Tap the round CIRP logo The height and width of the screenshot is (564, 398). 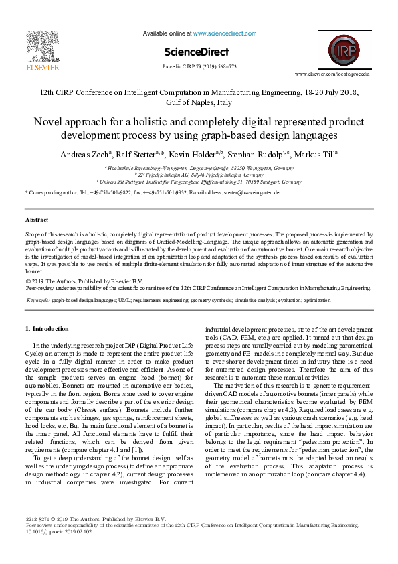click(343, 51)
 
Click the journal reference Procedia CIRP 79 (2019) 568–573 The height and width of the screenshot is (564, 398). click(199, 67)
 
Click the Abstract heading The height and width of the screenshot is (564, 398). click(37, 220)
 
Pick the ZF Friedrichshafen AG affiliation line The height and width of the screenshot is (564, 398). click(199, 175)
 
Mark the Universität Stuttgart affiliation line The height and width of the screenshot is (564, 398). click(199, 182)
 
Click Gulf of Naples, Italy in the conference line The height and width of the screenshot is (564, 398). click(199, 103)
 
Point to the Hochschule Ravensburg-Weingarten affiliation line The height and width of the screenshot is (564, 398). click(199, 168)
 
